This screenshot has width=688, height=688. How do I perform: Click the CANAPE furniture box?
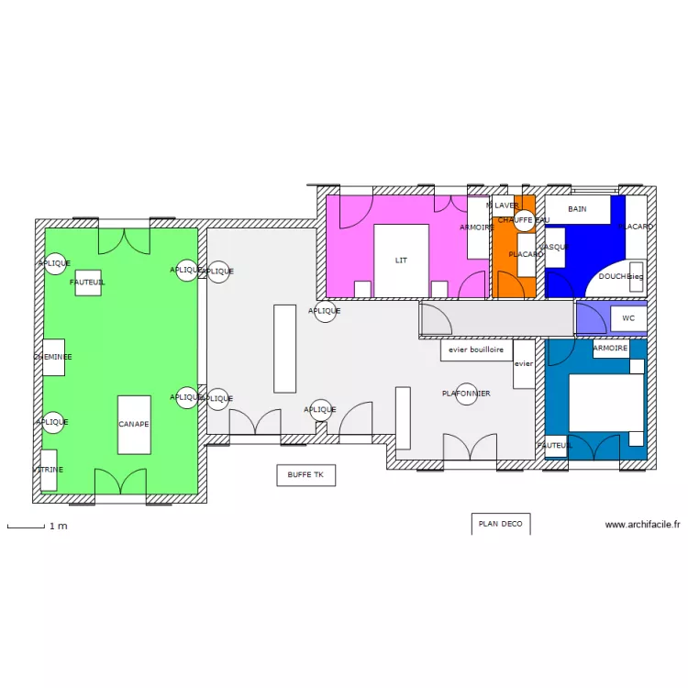134,425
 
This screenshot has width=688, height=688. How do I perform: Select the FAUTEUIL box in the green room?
88,283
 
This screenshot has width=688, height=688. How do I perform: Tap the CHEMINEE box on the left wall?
53,357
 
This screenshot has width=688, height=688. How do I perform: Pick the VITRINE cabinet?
49,470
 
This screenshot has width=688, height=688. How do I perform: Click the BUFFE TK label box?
305,474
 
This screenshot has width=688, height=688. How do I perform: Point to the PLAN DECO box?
500,524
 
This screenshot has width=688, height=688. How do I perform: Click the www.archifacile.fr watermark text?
642,525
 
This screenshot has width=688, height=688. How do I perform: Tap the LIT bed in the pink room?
401,261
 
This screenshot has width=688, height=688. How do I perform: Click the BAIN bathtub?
577,209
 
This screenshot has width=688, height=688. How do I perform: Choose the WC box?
628,318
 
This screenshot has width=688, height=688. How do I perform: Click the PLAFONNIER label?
466,394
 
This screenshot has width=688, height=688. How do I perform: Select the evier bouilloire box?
475,350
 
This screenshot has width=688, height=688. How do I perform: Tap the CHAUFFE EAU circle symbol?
524,220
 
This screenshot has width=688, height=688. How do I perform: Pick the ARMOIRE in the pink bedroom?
478,227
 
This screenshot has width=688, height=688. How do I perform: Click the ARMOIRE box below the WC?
610,349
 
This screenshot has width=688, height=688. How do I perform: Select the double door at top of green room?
123,241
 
